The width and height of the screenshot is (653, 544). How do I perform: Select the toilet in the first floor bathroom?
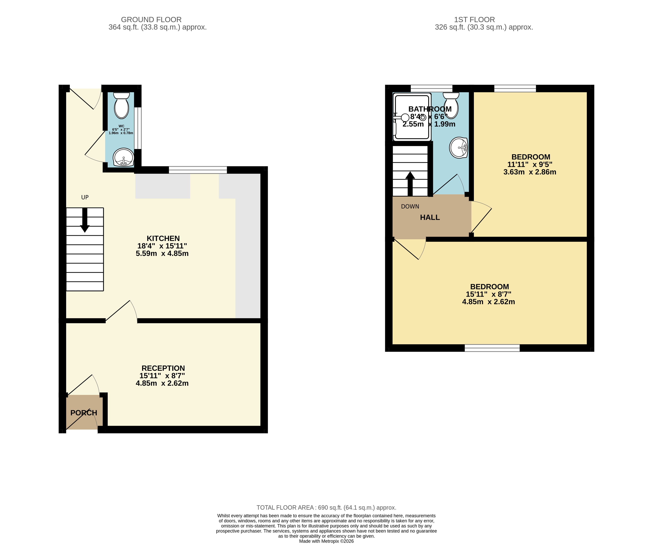pos(451,105)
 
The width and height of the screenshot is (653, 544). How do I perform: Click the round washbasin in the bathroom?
pos(459,148)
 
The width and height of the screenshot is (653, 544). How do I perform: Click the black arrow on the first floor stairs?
pos(410,184)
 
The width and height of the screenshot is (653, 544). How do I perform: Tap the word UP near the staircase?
pos(85,197)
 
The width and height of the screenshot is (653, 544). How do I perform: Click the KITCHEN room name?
pos(163,238)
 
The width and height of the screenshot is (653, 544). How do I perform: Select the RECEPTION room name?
pos(163,368)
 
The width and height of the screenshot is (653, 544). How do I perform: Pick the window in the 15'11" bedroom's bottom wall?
pos(492,348)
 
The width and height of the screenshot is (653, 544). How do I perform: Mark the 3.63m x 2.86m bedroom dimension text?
pos(530,172)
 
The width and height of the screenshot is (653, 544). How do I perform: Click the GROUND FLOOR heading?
pos(151,20)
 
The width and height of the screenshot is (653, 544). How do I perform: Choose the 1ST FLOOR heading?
pos(474,20)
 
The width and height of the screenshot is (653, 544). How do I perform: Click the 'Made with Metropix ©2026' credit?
pos(327,541)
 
